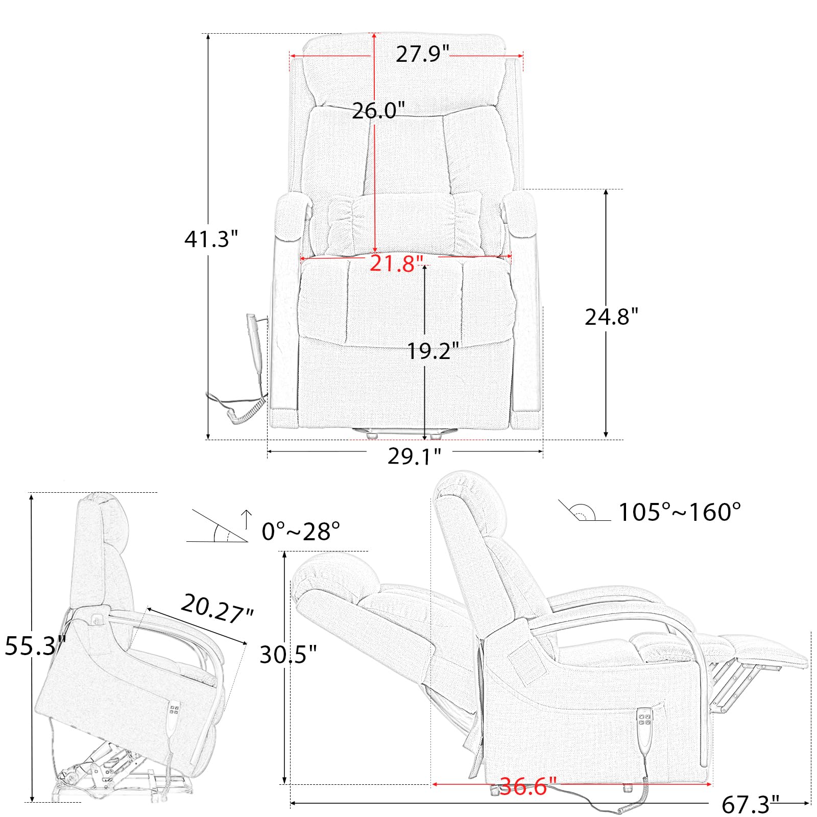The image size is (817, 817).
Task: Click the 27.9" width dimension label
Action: [x=422, y=54]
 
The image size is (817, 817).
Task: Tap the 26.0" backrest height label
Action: [x=378, y=110]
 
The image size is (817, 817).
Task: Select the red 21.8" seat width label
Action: [x=397, y=263]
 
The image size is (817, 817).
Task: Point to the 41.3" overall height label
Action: [x=211, y=238]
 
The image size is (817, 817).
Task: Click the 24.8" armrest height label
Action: [x=611, y=317]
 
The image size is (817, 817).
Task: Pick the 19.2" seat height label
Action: [x=433, y=351]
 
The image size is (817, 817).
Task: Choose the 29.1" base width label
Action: [x=414, y=456]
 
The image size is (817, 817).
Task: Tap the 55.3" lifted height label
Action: [x=35, y=646]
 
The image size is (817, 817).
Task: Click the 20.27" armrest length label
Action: [x=217, y=609]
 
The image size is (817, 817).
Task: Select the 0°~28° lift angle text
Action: [x=301, y=532]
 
